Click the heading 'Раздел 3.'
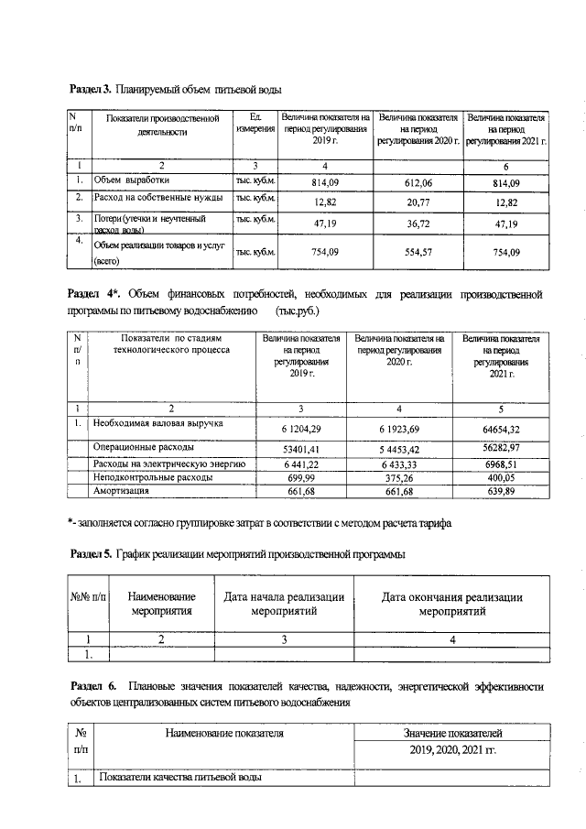[x=91, y=90]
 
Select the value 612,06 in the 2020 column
[x=417, y=182]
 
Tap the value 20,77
[x=417, y=202]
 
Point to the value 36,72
[x=417, y=224]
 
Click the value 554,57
[x=417, y=253]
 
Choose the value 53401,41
[x=300, y=450]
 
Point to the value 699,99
[x=300, y=479]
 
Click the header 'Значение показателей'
[x=452, y=734]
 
